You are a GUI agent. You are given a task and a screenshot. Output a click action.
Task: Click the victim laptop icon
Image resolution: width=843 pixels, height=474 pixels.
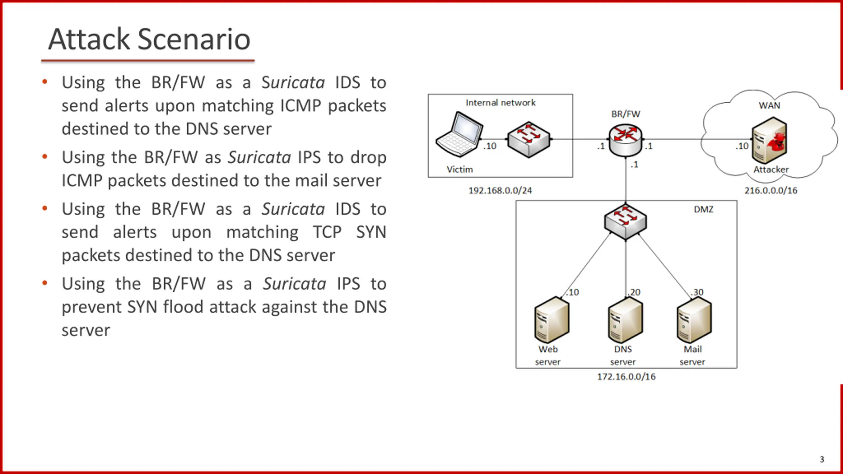(459, 135)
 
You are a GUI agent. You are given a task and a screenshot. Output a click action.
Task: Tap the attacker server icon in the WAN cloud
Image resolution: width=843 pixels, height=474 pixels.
(769, 141)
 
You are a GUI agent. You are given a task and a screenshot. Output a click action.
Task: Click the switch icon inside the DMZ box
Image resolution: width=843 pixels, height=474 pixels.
(625, 222)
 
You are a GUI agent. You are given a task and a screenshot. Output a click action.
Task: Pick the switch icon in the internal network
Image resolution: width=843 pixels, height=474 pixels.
(529, 140)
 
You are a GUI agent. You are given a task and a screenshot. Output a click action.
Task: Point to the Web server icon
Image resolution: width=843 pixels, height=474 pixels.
(552, 320)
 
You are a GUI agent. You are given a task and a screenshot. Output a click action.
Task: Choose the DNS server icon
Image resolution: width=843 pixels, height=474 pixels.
(625, 320)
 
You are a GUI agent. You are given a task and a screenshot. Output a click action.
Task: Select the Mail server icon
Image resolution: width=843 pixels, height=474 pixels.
(694, 320)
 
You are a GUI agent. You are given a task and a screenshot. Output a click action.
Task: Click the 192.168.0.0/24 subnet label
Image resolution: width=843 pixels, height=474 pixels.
(500, 191)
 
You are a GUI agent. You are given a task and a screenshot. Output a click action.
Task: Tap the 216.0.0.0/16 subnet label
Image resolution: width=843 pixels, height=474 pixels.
(771, 191)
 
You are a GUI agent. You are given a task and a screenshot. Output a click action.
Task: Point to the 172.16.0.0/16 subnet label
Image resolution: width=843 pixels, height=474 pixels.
(626, 377)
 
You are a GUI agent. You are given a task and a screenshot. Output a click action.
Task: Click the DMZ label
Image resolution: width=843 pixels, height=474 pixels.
(703, 209)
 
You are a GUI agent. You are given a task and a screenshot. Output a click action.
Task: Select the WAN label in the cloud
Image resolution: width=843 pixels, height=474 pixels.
(769, 105)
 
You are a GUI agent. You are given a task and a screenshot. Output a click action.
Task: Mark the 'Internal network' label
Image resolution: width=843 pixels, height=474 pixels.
(500, 103)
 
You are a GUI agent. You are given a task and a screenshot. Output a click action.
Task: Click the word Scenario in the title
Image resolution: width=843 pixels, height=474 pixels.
(194, 39)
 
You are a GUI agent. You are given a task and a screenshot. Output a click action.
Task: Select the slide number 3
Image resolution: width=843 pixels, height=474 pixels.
(822, 459)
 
